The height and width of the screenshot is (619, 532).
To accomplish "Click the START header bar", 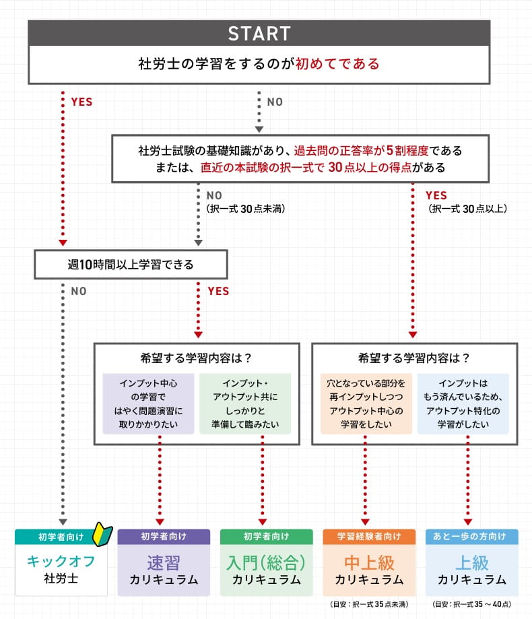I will (x=259, y=33).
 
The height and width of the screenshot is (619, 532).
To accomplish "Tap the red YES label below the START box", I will (x=81, y=102).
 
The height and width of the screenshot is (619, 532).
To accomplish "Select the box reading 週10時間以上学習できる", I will (x=131, y=264).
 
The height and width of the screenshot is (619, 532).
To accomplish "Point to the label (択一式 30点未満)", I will (x=245, y=209).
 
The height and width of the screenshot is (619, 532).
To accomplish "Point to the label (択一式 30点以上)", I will (x=467, y=209).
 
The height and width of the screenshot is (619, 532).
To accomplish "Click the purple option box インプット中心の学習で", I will (x=148, y=403).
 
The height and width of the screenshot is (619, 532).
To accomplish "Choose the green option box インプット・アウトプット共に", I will (x=245, y=403).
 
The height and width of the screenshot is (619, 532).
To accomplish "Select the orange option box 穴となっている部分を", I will (x=366, y=403).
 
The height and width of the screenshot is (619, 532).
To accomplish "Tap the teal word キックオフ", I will (x=61, y=561).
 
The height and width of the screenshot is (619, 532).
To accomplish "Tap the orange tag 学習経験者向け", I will (x=368, y=536).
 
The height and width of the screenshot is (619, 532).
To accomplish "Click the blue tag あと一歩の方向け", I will (x=471, y=536).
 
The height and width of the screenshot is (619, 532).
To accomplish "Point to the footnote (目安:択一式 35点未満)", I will (x=368, y=604).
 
